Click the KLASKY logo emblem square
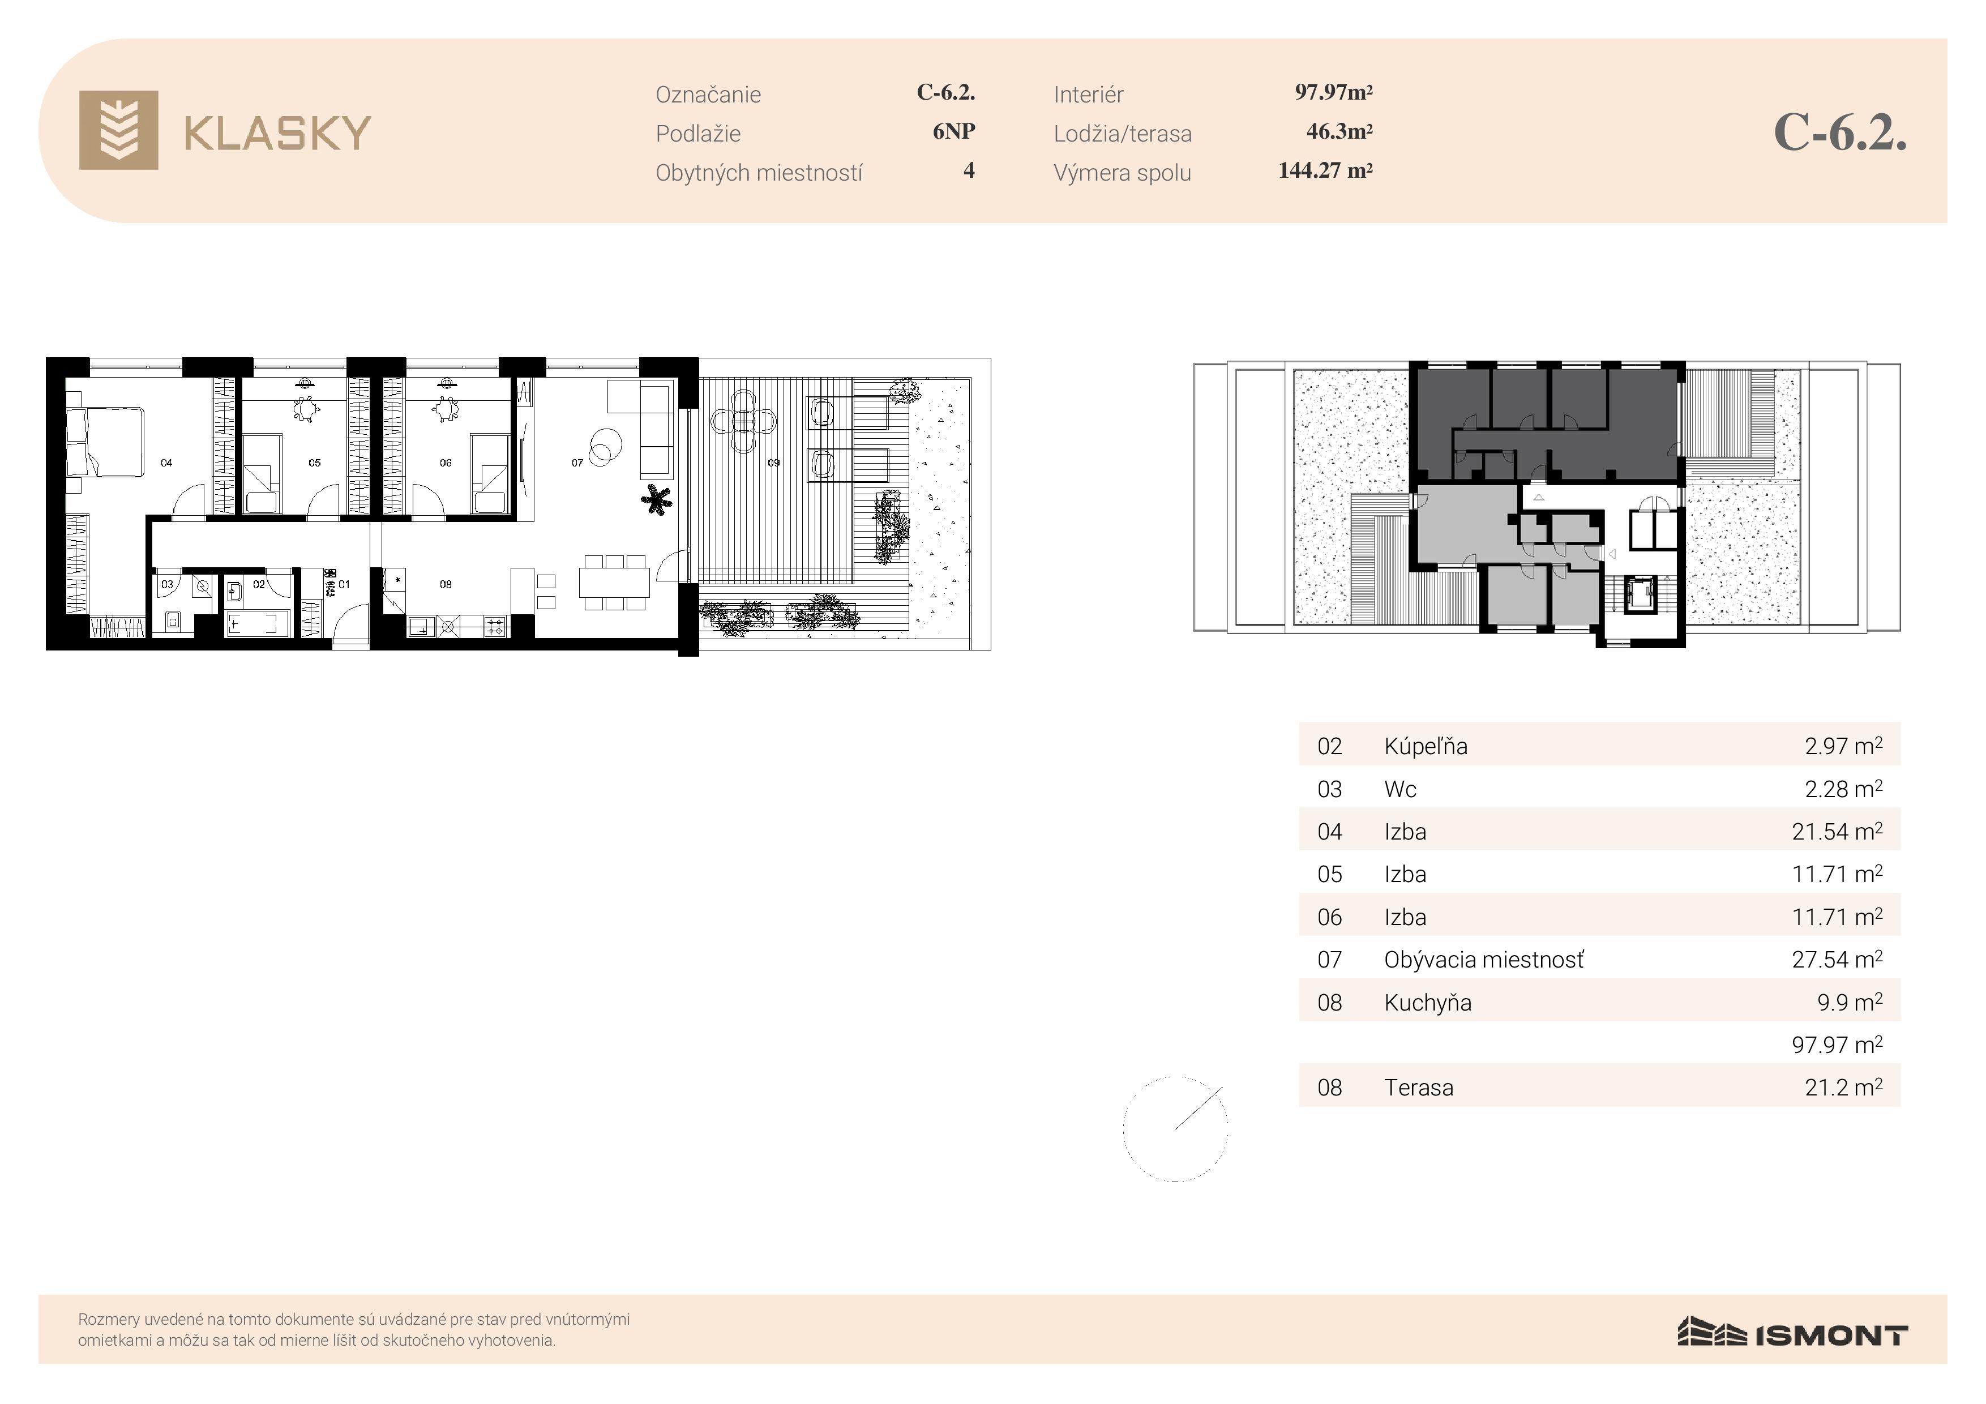[118, 130]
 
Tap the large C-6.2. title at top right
[1840, 132]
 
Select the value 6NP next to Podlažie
[954, 131]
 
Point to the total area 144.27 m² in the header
[1325, 170]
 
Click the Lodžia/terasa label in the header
[1122, 134]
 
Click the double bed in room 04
[105, 441]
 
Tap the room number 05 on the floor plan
[315, 463]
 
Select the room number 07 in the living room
[577, 463]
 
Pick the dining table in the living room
[614, 582]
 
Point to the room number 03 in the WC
[167, 584]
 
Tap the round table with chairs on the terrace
[743, 421]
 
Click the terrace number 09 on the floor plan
[773, 463]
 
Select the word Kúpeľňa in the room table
[1426, 746]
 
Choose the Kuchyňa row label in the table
[1427, 1003]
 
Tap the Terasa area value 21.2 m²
[1843, 1088]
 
